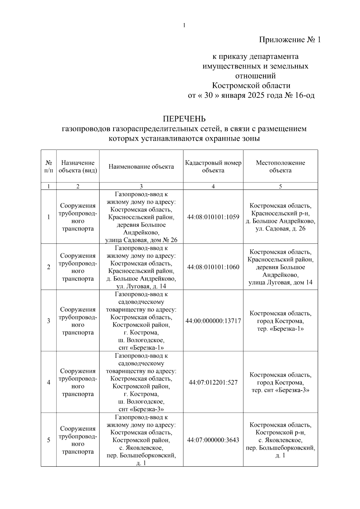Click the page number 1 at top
[184, 25]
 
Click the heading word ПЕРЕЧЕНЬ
[184, 119]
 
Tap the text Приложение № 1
[290, 40]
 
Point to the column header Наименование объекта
[141, 167]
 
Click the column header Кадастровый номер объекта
[213, 166]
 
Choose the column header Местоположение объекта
[280, 166]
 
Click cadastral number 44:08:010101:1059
[213, 217]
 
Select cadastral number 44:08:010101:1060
[213, 267]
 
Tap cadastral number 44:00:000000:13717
[213, 321]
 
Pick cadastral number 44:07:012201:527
[213, 382]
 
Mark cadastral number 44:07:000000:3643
[213, 440]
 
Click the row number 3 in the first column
[49, 321]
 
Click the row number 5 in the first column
[49, 440]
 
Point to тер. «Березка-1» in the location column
[280, 329]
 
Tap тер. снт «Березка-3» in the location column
[280, 390]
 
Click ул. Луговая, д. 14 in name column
[141, 286]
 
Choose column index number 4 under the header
[213, 186]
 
